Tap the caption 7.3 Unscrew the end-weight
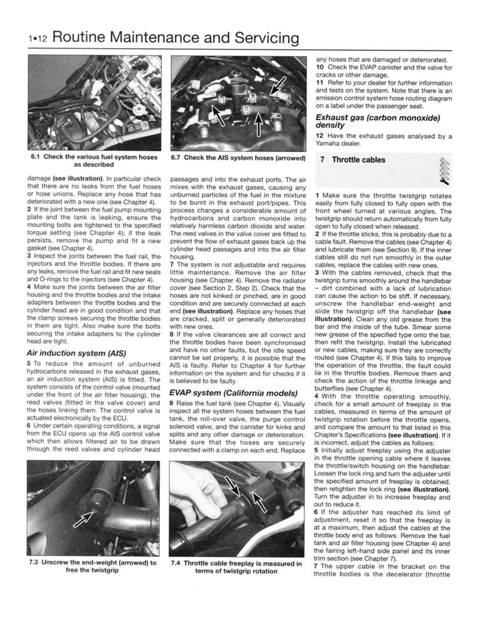(93, 565)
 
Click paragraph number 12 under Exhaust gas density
(319, 136)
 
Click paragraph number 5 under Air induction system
(29, 363)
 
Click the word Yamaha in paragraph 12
(330, 144)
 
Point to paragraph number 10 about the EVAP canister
(319, 67)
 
